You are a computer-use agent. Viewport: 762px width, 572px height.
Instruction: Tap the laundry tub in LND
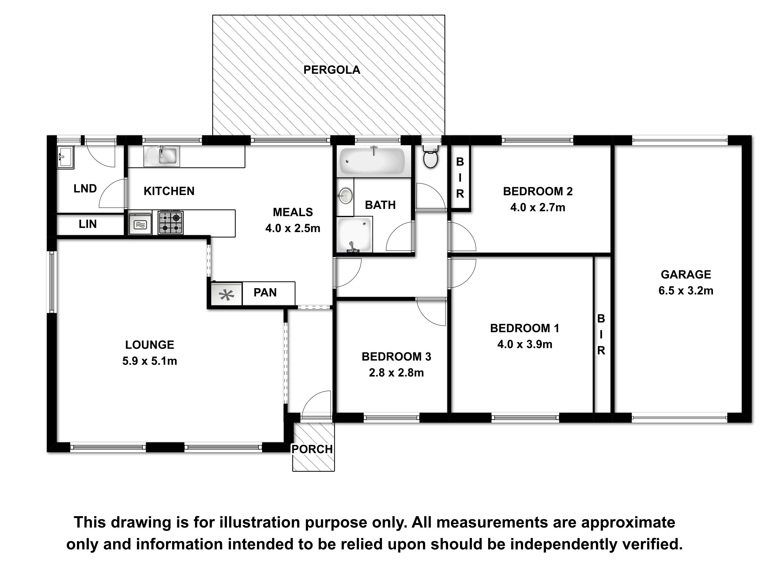coord(65,157)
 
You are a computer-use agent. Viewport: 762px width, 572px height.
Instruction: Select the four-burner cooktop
coord(171,222)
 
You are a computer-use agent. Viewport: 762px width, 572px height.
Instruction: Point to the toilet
coord(430,156)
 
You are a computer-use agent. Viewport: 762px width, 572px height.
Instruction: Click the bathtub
coord(372,161)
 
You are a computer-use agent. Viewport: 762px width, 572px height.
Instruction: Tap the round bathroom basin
coord(345,196)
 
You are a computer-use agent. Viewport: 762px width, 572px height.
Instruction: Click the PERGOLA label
coord(332,70)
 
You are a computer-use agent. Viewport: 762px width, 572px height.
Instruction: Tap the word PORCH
coord(312,449)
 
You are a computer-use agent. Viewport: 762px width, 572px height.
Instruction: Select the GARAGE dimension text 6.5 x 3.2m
coord(686,291)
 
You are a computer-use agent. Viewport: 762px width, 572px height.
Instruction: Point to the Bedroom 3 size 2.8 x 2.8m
coord(396,373)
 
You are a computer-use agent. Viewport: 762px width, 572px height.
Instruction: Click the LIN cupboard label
coord(88,224)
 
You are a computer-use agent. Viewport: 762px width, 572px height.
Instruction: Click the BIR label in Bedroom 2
coord(460,178)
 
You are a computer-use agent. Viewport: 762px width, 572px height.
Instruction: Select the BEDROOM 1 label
coord(525,328)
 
